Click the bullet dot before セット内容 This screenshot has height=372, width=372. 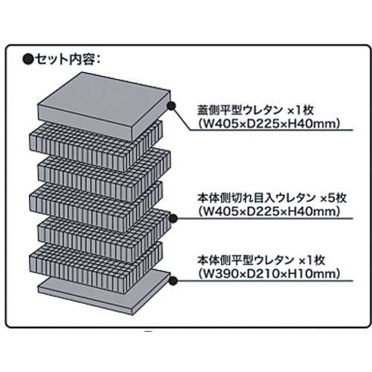point(28,60)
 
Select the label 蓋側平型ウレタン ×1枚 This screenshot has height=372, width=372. point(256,110)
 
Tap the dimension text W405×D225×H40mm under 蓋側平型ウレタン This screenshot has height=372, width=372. point(269,124)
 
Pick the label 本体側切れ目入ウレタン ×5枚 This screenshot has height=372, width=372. point(272,199)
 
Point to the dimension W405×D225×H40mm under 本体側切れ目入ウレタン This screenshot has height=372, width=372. point(269,211)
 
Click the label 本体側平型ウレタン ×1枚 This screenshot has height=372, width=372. point(261,260)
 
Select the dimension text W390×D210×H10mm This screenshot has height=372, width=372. point(269,274)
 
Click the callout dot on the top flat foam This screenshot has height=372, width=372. point(171,106)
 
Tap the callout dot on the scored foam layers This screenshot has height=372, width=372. point(173,219)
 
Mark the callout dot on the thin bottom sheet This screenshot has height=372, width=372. point(173,280)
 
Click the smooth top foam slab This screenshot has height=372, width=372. point(104,106)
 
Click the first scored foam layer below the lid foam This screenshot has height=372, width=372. point(96,147)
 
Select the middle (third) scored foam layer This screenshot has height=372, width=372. point(96,207)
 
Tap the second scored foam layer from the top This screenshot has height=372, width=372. point(104,177)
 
